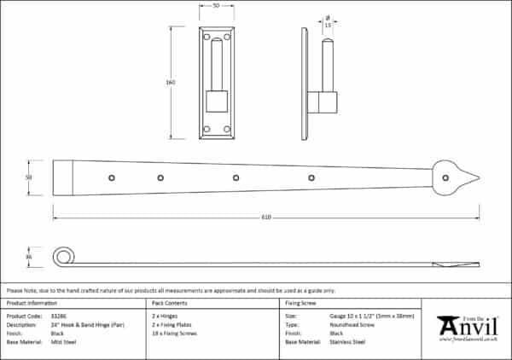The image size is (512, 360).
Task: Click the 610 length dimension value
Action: coord(266,217)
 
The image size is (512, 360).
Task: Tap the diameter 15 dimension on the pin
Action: coord(329,24)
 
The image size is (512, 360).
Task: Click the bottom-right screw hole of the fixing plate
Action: coord(229,130)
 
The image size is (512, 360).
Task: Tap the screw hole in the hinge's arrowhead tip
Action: coord(446,178)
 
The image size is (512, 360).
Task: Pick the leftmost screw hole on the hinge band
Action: coord(111,178)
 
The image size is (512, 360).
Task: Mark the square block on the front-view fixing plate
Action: coord(217,102)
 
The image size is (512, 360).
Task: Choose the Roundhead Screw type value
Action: coord(351,324)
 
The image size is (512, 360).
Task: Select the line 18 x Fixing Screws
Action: coord(174,334)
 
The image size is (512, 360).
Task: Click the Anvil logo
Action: coord(467,327)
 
